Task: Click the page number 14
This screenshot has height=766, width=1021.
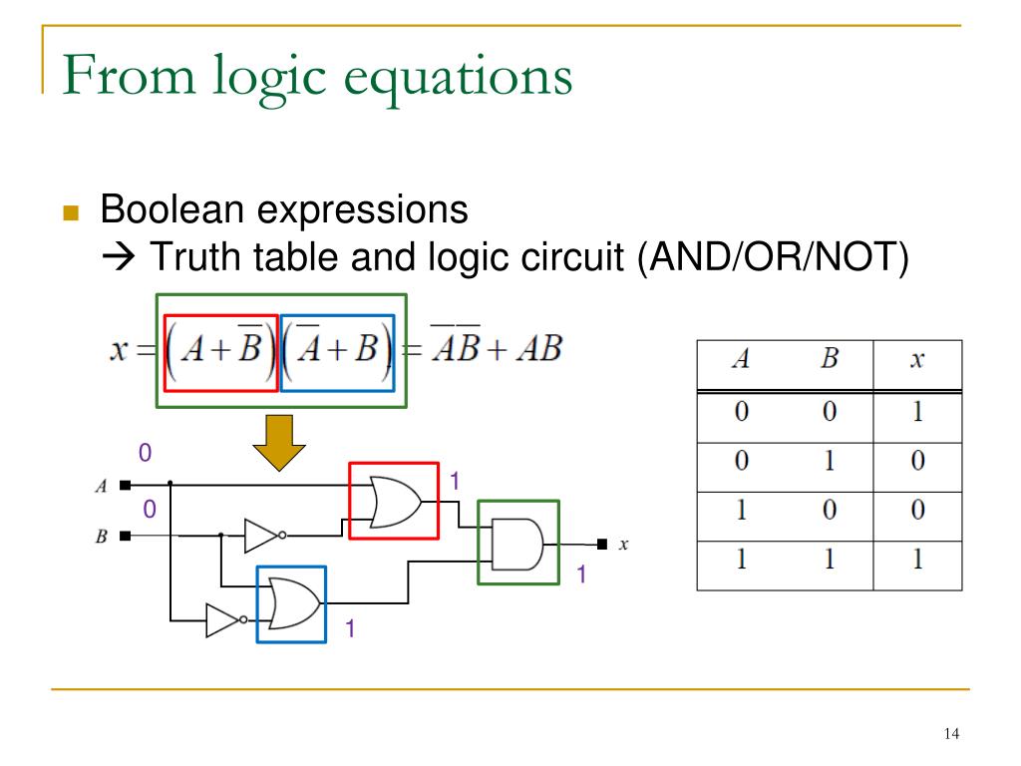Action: pyautogui.click(x=949, y=735)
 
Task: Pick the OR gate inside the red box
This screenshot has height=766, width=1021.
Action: pyautogui.click(x=392, y=501)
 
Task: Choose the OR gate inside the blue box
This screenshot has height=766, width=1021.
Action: pyautogui.click(x=291, y=604)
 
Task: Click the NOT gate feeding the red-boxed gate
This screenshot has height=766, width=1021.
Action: pyautogui.click(x=264, y=536)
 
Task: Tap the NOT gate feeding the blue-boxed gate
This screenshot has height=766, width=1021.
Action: pyautogui.click(x=223, y=620)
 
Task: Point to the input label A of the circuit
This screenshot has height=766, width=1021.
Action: pyautogui.click(x=101, y=487)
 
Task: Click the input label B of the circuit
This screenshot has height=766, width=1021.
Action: pyautogui.click(x=101, y=537)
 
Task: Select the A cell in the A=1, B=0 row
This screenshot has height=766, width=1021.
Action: pyautogui.click(x=740, y=510)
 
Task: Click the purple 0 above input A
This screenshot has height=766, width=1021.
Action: pyautogui.click(x=145, y=454)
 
